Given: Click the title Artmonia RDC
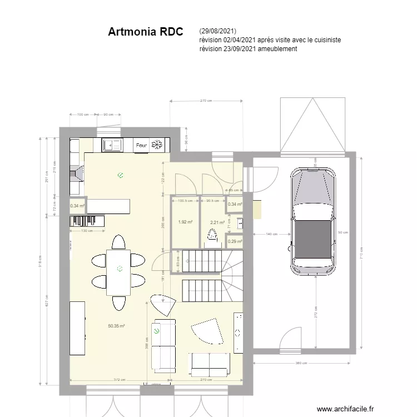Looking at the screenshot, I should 145,32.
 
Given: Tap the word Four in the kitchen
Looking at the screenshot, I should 141,146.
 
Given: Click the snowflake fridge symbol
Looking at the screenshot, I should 157,145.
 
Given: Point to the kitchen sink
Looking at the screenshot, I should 113,146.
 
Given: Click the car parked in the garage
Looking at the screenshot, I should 312,220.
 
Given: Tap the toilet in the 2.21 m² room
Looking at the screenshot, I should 211,237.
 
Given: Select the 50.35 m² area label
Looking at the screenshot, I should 116,326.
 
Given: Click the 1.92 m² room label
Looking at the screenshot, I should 185,222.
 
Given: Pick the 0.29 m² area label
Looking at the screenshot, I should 235,241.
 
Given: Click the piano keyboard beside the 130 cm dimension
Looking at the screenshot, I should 87,221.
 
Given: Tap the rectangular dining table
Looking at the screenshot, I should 118,272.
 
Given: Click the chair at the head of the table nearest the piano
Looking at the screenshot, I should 118,242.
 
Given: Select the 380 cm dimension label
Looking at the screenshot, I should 301,363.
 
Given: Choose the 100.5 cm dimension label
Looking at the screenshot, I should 185,201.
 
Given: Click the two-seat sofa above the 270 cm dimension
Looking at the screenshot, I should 210,364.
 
